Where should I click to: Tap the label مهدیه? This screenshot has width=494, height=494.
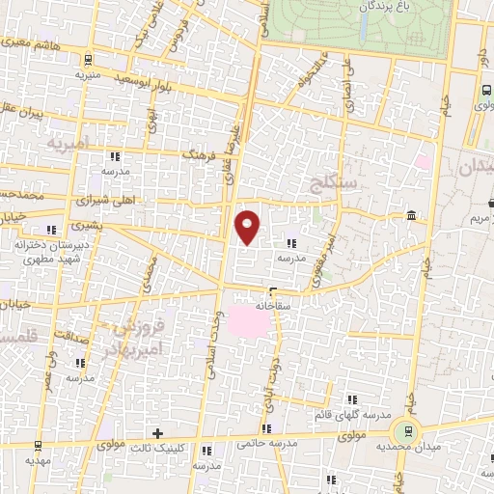point(39,461)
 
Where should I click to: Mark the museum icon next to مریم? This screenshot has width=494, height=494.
point(412,214)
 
